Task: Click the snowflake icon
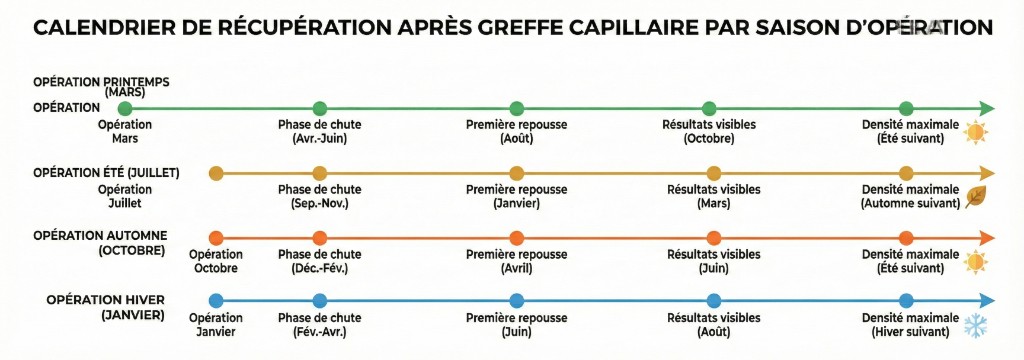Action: point(974,325)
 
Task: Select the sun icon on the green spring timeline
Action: point(974,132)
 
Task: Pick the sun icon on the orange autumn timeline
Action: point(974,262)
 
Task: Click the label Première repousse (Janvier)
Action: point(517,196)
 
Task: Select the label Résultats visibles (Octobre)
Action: point(709,131)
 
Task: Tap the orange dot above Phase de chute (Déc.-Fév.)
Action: point(320,238)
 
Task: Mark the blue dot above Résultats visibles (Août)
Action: point(713,300)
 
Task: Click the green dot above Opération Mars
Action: point(125,108)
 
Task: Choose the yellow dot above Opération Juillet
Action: point(215,173)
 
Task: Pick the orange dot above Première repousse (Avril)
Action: point(517,238)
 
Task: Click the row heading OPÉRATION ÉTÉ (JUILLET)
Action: point(106,173)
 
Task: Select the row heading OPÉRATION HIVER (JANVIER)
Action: point(105,307)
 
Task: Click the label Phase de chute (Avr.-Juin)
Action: point(320,131)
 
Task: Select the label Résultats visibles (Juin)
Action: point(713,261)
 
